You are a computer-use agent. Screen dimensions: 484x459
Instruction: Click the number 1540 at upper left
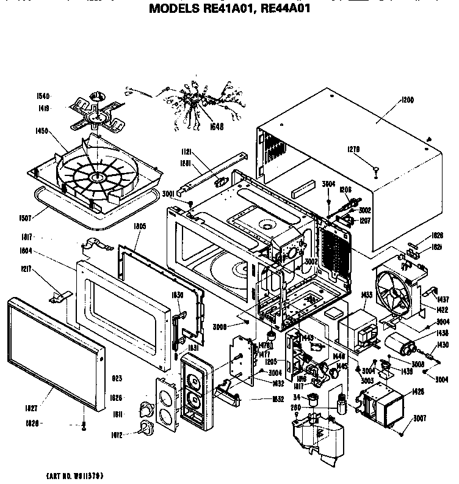click(43, 97)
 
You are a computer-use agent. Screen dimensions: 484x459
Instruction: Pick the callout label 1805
click(140, 226)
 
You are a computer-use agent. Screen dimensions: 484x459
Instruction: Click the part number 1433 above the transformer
click(350, 296)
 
